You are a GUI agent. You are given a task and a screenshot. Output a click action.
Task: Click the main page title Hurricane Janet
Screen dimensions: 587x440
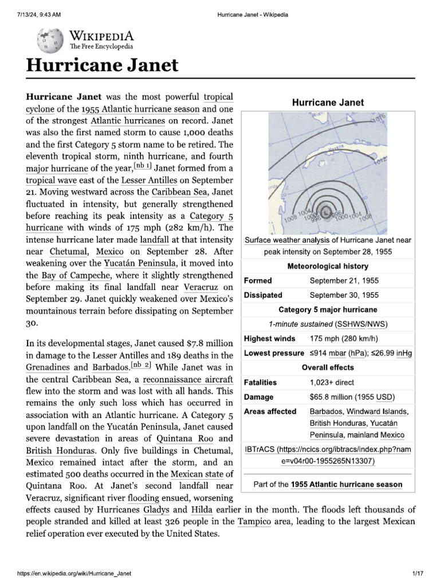click(x=102, y=65)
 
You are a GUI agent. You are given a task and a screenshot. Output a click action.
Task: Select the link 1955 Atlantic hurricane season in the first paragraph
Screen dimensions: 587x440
click(x=140, y=109)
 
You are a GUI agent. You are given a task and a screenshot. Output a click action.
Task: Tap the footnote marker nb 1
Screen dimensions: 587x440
click(x=142, y=166)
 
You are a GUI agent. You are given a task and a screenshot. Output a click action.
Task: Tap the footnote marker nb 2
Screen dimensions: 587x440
click(x=140, y=365)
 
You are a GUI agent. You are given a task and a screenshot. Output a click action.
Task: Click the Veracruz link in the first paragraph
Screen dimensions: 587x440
click(x=204, y=287)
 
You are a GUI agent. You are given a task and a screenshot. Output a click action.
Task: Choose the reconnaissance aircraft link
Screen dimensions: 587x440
click(x=188, y=379)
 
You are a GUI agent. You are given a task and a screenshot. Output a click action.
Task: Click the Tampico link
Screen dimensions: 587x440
click(x=254, y=522)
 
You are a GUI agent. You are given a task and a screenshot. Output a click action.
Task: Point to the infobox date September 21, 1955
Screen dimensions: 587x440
click(x=344, y=281)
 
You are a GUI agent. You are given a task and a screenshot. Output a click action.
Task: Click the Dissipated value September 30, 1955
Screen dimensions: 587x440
click(x=344, y=295)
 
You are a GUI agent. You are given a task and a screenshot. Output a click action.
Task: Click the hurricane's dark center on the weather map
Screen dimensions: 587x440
click(x=324, y=213)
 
